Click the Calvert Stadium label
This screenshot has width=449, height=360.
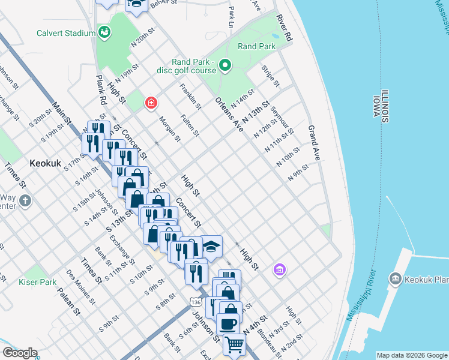(66, 34)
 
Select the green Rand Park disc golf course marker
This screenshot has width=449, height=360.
(225, 65)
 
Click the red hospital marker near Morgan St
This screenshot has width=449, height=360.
(151, 103)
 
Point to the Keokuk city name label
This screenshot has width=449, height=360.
(46, 163)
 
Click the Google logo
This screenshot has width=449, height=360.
(20, 353)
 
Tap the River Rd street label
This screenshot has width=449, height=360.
(284, 29)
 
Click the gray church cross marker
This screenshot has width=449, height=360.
(25, 200)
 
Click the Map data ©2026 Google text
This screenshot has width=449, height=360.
(412, 355)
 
